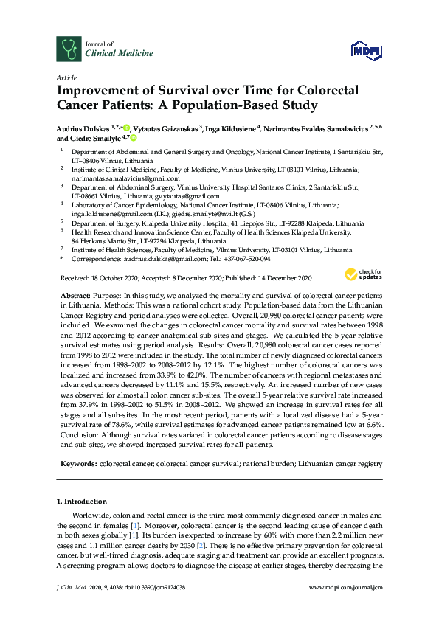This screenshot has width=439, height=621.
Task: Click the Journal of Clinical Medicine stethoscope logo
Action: pos(69,49)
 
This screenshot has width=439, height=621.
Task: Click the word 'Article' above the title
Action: pos(64,77)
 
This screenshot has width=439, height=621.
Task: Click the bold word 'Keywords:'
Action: pos(77,464)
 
